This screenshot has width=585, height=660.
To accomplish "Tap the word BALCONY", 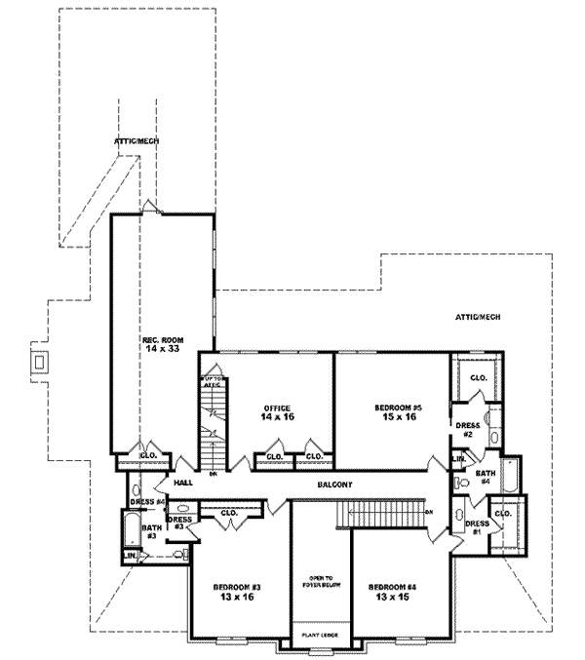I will [334, 485].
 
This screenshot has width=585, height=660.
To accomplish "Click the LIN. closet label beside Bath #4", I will [457, 458].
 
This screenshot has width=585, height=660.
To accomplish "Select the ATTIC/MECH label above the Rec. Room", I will [136, 141].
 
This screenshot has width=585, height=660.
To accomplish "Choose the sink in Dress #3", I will [183, 509].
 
